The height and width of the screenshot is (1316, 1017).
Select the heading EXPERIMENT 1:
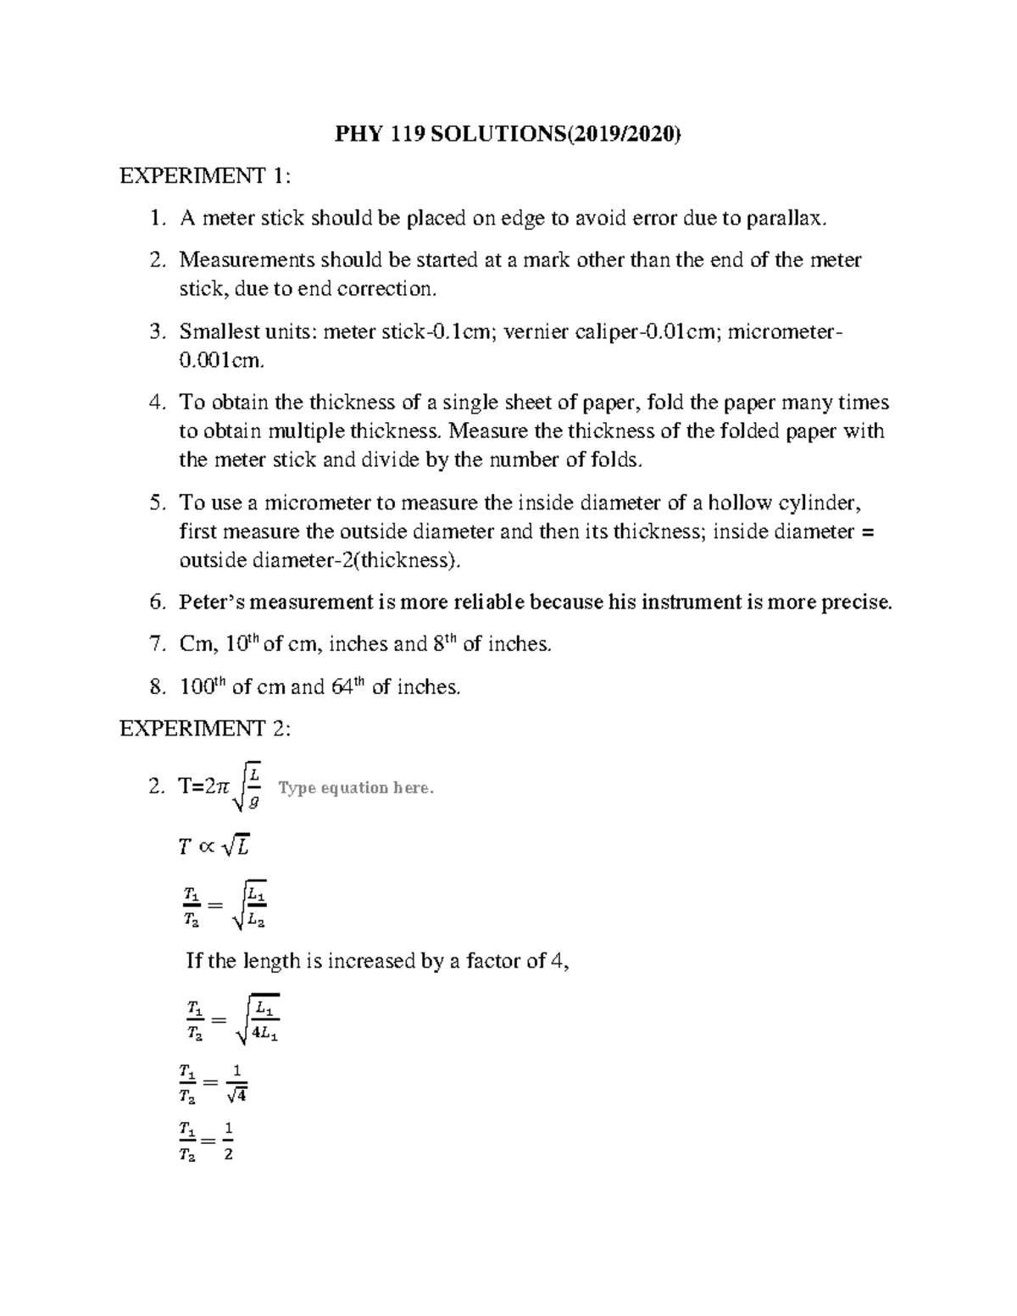point(206,176)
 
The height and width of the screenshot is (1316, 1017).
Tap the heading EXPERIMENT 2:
point(206,729)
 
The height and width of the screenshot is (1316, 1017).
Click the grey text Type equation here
point(356,788)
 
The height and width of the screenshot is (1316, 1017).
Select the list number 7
point(155,645)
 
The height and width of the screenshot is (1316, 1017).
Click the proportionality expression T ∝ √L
point(214,845)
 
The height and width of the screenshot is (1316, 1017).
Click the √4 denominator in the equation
point(236,1096)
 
